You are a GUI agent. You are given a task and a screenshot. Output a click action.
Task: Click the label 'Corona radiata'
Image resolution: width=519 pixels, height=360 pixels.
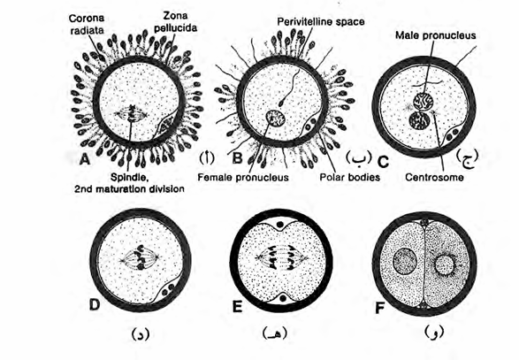87,24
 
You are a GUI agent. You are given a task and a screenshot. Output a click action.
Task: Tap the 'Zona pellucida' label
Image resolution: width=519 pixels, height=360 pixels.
175,21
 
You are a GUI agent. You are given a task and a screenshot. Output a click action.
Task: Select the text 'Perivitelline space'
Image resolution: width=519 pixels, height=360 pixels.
321,22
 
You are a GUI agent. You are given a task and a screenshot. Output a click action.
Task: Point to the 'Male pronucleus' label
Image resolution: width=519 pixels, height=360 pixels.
435,35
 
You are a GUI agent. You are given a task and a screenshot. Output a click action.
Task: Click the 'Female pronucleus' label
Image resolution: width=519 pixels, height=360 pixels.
243,177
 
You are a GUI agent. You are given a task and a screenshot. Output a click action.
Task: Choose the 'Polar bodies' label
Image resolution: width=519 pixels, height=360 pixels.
349,177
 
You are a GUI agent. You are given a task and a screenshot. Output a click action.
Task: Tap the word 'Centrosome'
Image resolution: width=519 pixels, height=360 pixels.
434,177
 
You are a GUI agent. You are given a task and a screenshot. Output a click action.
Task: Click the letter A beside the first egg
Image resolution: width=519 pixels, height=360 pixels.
85,159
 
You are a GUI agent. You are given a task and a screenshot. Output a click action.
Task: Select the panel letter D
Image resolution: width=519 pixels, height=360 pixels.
95,304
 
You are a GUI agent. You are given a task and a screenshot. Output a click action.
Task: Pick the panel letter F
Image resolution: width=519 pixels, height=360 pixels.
379,308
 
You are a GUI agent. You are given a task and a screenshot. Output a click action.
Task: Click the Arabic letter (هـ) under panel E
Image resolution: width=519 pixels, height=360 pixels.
274,333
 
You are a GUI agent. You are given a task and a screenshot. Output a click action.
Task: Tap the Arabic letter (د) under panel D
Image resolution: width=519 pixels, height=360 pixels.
141,333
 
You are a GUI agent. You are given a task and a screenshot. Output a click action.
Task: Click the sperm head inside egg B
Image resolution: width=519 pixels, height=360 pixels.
281,103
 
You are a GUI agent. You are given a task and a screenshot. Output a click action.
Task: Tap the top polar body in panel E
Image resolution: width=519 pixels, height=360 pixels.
280,225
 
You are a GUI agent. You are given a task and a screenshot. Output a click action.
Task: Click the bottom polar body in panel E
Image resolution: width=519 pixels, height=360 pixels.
282,298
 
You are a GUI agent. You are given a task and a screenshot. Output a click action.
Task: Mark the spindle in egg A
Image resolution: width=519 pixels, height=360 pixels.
132,115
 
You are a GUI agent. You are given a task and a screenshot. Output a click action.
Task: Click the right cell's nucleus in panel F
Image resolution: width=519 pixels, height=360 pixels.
444,264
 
